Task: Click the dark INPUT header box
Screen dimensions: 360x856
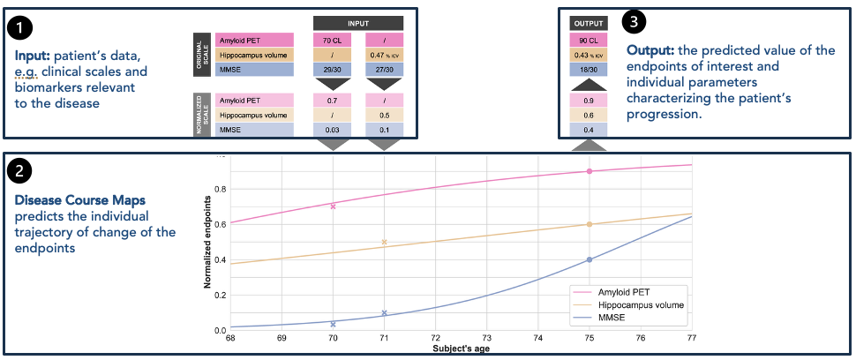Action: [358, 22]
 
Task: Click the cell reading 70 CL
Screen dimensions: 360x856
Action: [333, 40]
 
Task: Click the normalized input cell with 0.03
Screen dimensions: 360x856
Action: [333, 130]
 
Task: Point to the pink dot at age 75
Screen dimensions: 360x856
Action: [589, 171]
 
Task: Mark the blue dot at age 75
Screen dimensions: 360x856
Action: [589, 259]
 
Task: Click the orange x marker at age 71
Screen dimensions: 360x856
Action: [384, 242]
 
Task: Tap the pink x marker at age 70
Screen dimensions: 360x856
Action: [333, 206]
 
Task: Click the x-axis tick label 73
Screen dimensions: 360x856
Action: [486, 338]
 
